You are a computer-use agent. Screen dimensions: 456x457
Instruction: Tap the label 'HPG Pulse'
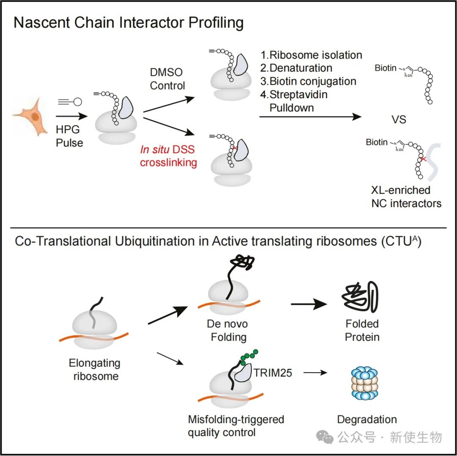click(69, 136)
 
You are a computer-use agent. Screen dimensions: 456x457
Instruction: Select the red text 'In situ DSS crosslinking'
click(169, 156)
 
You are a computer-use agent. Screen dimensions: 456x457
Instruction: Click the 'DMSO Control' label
click(168, 79)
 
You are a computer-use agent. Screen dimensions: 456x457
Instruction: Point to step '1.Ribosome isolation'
click(311, 55)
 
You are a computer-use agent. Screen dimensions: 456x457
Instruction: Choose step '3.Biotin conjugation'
click(308, 81)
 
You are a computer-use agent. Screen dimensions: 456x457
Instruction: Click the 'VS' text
click(399, 120)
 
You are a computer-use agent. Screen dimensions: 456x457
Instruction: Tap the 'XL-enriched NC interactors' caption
click(406, 197)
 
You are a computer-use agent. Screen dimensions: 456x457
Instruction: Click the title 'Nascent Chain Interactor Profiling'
click(129, 22)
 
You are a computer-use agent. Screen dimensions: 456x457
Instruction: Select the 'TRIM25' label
click(273, 373)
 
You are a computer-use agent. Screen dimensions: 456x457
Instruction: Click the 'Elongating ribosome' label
click(94, 369)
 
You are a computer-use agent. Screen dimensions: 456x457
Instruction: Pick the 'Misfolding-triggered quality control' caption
click(236, 426)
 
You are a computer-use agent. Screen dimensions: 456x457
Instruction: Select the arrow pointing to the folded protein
click(309, 304)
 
